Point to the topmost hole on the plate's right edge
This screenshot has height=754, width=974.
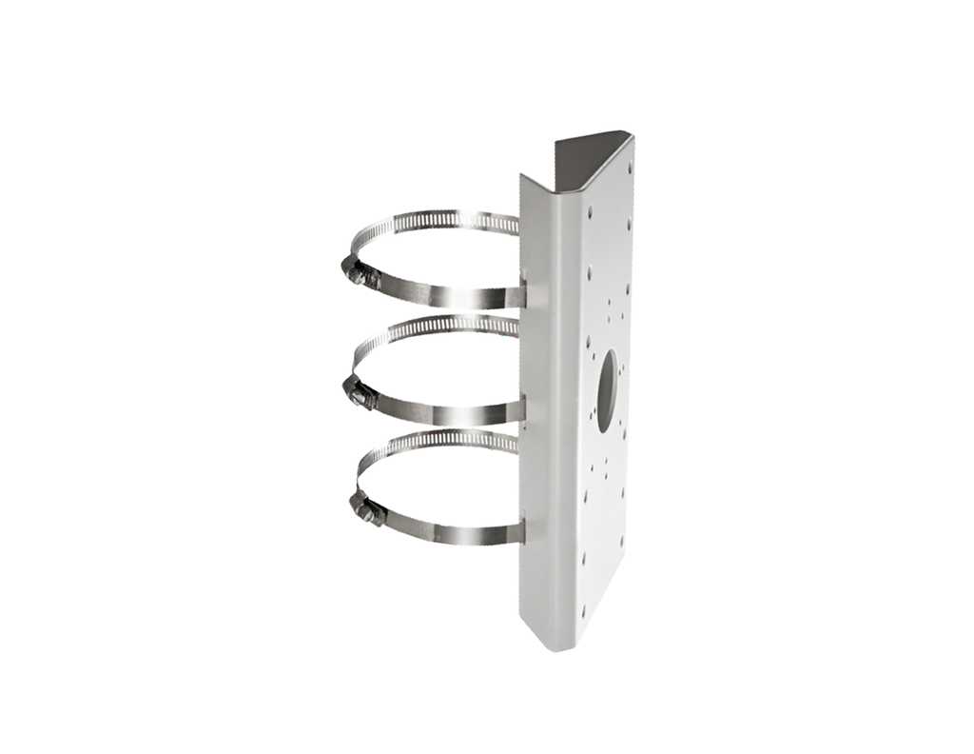[629, 169]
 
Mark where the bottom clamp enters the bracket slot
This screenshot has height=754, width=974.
[522, 529]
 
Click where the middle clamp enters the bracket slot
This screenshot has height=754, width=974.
[522, 407]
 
